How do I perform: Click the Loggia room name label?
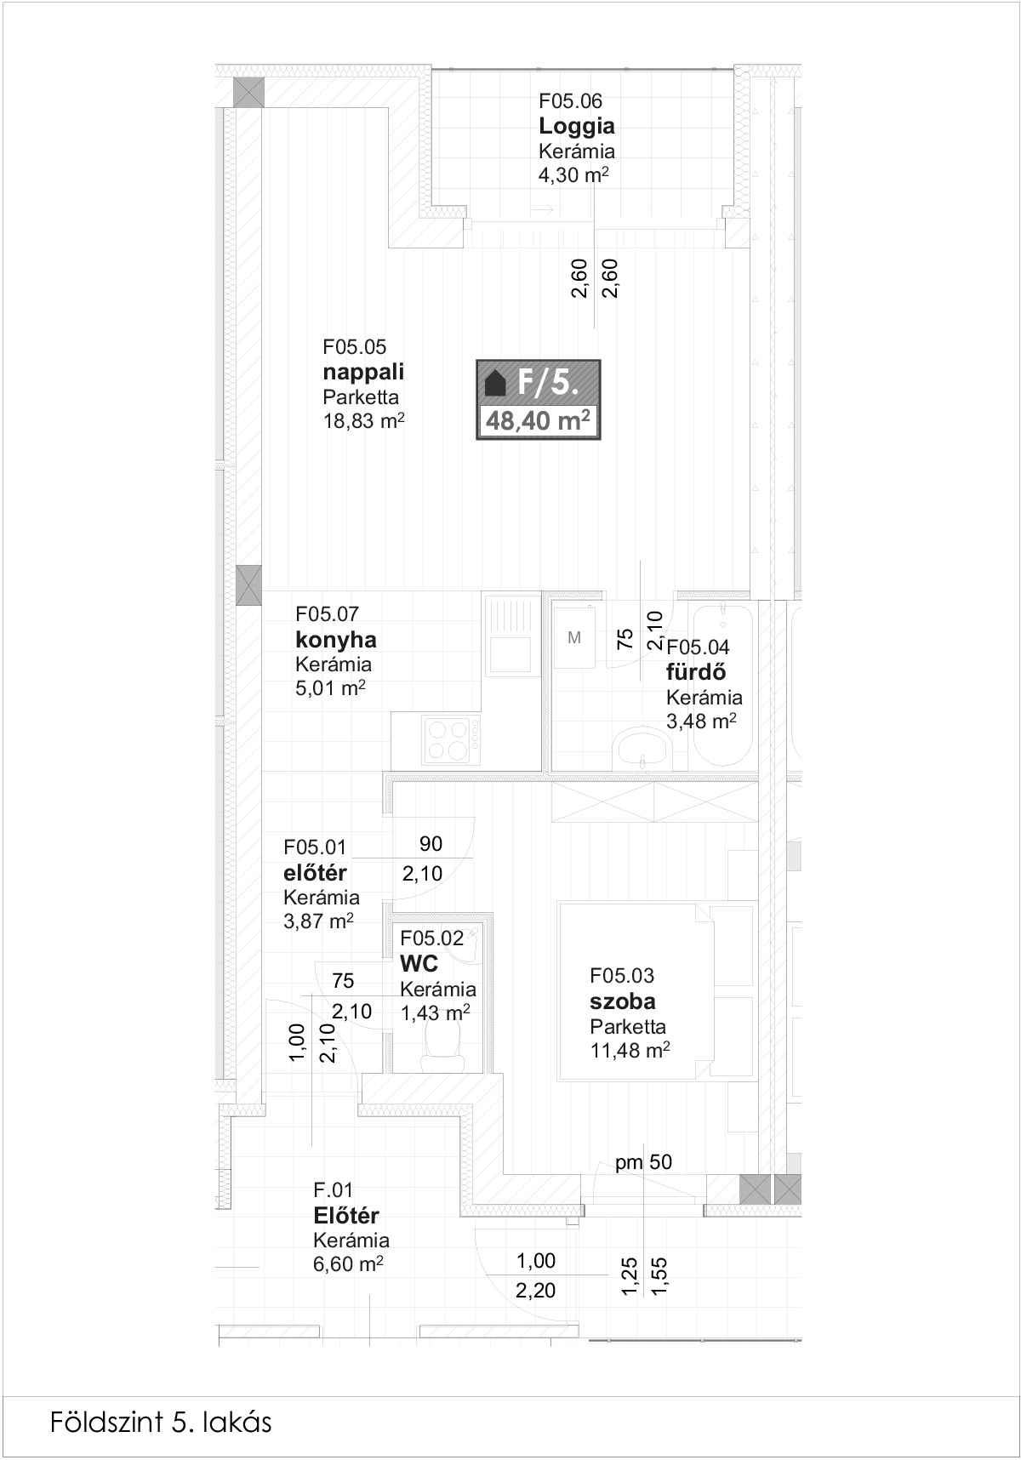pyautogui.click(x=576, y=127)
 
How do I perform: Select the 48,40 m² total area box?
pyautogui.click(x=538, y=420)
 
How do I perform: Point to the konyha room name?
pyautogui.click(x=336, y=640)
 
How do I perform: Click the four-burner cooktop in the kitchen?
pyautogui.click(x=452, y=739)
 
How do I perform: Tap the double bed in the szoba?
pyautogui.click(x=656, y=992)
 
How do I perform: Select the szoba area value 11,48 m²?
pyautogui.click(x=630, y=1050)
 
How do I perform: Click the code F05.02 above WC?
pyautogui.click(x=432, y=938)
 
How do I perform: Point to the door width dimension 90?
pyautogui.click(x=431, y=844)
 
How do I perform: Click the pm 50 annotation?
pyautogui.click(x=644, y=1162)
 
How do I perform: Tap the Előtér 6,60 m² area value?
pyautogui.click(x=349, y=1264)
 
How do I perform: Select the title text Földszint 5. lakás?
pyautogui.click(x=161, y=1422)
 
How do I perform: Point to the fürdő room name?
pyautogui.click(x=696, y=671)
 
